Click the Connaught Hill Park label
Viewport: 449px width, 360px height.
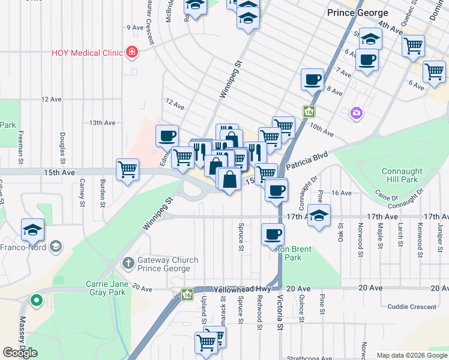[400, 175]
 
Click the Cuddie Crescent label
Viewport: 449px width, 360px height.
[412, 307]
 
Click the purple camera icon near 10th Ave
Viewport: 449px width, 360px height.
[357, 113]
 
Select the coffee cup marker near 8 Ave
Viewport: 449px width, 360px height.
[312, 79]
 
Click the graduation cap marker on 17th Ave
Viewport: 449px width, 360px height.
[319, 215]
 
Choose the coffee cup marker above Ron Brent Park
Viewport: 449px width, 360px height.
[273, 233]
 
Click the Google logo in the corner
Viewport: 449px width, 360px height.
[20, 353]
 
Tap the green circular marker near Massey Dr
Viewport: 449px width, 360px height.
[37, 299]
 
